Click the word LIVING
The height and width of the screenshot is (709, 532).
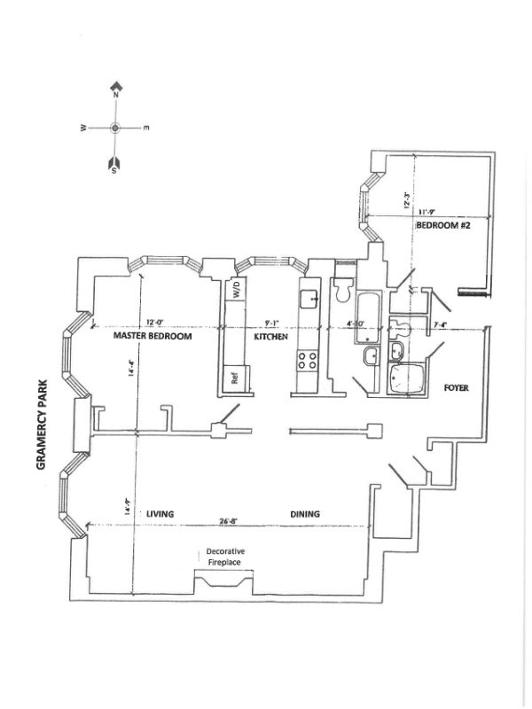pyautogui.click(x=160, y=514)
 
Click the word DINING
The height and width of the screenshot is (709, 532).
pyautogui.click(x=304, y=514)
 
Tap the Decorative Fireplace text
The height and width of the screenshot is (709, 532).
pyautogui.click(x=225, y=556)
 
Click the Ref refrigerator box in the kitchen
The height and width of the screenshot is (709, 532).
pyautogui.click(x=235, y=376)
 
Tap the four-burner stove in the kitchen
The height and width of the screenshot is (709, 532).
pyautogui.click(x=306, y=360)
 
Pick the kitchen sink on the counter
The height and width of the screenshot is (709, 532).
pyautogui.click(x=308, y=297)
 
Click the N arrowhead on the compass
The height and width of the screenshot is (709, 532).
pyautogui.click(x=115, y=88)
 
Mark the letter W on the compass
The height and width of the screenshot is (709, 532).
pyautogui.click(x=83, y=129)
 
